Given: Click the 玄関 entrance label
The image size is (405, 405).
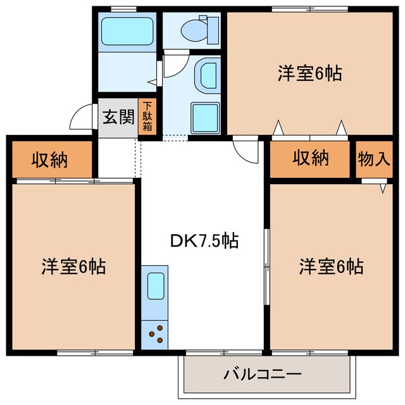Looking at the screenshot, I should [x=118, y=117].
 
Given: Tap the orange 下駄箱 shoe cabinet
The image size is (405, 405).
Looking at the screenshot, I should [x=147, y=117].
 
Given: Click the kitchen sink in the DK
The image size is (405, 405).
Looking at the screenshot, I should [x=156, y=285].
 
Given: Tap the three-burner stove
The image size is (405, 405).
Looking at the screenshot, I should [x=156, y=332].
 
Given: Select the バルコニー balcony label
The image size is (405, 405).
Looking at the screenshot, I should [x=262, y=374].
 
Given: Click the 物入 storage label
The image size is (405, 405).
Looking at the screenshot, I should [x=373, y=158].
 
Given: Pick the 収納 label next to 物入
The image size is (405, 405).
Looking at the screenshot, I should [x=310, y=158].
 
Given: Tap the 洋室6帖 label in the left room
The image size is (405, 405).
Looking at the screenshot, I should [x=73, y=266].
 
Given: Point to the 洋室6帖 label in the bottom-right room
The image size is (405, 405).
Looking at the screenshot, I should [x=331, y=266].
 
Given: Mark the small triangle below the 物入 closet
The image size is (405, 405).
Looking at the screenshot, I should [x=383, y=188].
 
